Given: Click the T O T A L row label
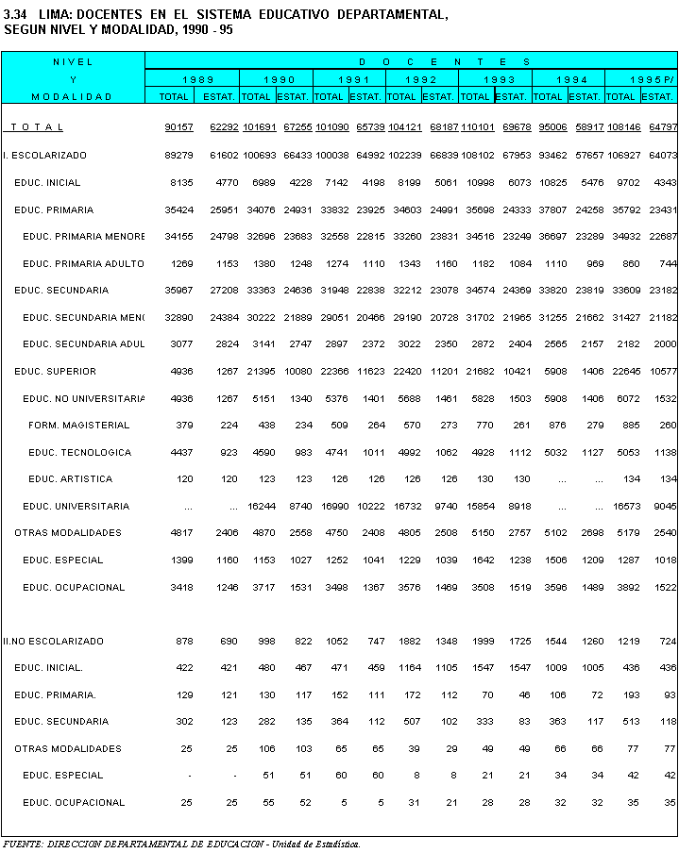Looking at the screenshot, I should [x=38, y=127].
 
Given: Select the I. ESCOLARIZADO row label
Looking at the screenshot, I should [x=44, y=155].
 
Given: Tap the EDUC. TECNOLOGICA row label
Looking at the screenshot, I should [x=79, y=453].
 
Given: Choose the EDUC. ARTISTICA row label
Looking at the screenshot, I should [x=70, y=479].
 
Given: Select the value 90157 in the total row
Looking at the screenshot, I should [x=178, y=127].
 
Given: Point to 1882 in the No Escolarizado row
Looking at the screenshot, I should [x=405, y=642].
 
